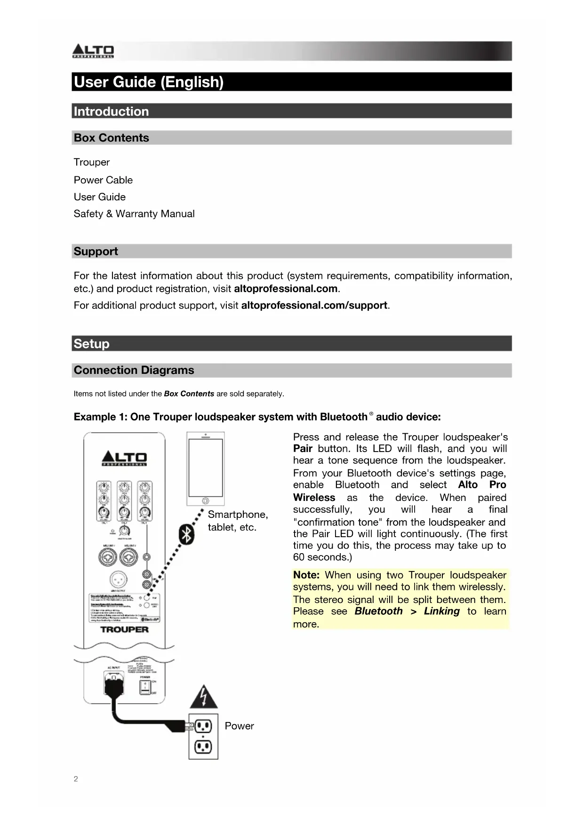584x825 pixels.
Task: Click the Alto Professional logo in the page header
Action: point(93,51)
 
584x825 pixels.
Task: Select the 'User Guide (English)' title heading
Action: point(149,82)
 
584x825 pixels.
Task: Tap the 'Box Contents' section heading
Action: point(111,138)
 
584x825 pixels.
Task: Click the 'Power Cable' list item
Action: point(103,180)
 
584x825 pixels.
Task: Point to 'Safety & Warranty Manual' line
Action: point(134,214)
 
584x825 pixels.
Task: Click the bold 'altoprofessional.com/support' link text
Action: point(314,305)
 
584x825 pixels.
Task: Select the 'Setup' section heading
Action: point(91,344)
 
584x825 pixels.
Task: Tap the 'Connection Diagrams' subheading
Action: point(134,370)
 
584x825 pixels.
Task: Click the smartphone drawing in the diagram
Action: point(205,469)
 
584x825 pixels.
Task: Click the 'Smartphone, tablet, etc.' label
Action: point(238,521)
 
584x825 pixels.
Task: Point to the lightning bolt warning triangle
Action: point(204,697)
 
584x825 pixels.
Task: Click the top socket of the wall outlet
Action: point(203,727)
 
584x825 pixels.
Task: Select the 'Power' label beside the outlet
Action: point(239,726)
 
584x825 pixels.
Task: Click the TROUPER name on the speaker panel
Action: point(124,629)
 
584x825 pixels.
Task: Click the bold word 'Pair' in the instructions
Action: point(303,449)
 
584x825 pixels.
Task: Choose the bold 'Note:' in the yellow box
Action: point(306,575)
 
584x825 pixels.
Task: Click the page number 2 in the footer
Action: point(76,779)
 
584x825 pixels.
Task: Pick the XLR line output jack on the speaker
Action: point(118,579)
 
